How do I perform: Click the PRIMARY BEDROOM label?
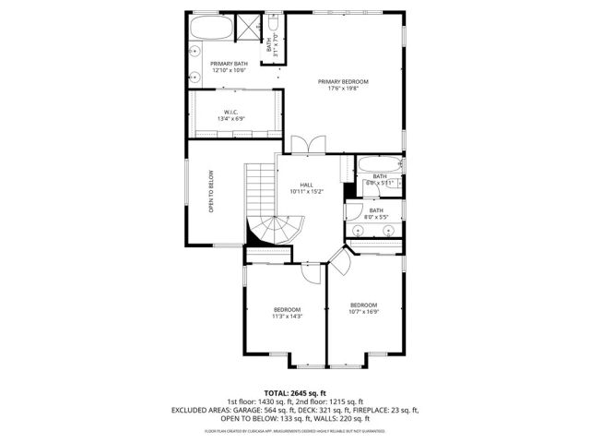pos(343,81)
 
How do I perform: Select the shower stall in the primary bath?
pos(249,26)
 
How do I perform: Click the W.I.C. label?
pos(230,113)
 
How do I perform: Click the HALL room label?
pos(305,185)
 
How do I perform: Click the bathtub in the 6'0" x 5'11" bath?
pos(378,165)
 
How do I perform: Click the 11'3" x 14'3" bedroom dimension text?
pos(287,317)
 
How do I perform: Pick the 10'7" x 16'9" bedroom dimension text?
pos(363,312)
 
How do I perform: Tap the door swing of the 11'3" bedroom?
pos(313,269)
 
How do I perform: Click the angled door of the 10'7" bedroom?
pos(339,266)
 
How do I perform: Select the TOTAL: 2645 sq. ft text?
pos(295,392)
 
